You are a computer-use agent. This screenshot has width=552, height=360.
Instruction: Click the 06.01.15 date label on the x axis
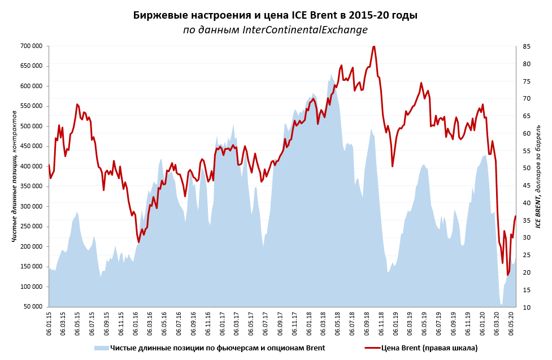[49, 324]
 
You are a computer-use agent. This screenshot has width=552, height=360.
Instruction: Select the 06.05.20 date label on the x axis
[511, 324]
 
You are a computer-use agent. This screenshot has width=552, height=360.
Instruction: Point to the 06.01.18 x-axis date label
[309, 324]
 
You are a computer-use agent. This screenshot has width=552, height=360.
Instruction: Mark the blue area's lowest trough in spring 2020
[501, 305]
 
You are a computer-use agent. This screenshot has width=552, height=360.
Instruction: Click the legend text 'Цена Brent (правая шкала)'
[429, 348]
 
